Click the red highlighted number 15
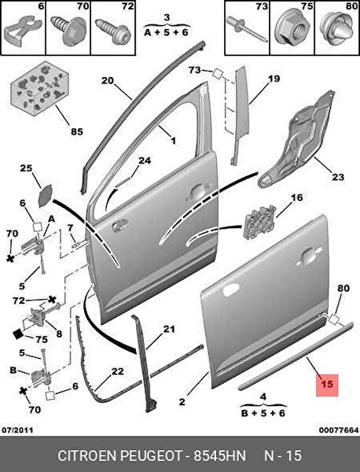pyautogui.click(x=327, y=385)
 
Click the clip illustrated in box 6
pyautogui.click(x=22, y=30)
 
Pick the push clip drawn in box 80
pyautogui.click(x=337, y=29)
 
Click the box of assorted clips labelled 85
pyautogui.click(x=39, y=89)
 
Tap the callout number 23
pyautogui.click(x=337, y=177)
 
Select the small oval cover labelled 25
pyautogui.click(x=46, y=196)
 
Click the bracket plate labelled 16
pyautogui.click(x=259, y=222)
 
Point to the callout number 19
pyautogui.click(x=274, y=79)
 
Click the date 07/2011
pyautogui.click(x=18, y=430)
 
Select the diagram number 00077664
pyautogui.click(x=339, y=430)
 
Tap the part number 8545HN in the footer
pyautogui.click(x=220, y=455)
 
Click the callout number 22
pyautogui.click(x=118, y=371)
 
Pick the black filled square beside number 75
pyautogui.click(x=19, y=334)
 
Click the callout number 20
pyautogui.click(x=108, y=81)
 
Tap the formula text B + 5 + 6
pyautogui.click(x=263, y=413)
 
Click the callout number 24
pyautogui.click(x=145, y=160)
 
